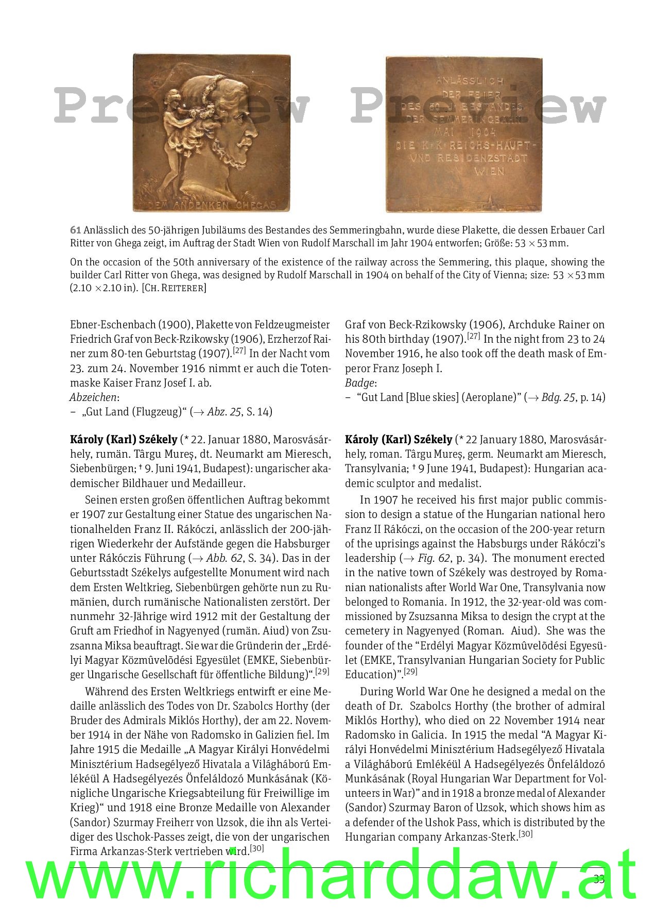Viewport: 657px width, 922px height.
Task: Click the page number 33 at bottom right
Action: pyautogui.click(x=599, y=879)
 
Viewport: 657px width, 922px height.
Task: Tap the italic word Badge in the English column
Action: pyautogui.click(x=360, y=383)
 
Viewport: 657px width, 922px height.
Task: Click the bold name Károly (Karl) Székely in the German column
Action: pyautogui.click(x=124, y=440)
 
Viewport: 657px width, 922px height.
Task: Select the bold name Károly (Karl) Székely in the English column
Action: pyautogui.click(x=399, y=440)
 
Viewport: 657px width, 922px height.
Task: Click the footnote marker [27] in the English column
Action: pyautogui.click(x=473, y=336)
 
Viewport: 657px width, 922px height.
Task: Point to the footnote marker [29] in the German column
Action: pyautogui.click(x=322, y=672)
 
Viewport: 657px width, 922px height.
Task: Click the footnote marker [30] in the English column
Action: pyautogui.click(x=525, y=834)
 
